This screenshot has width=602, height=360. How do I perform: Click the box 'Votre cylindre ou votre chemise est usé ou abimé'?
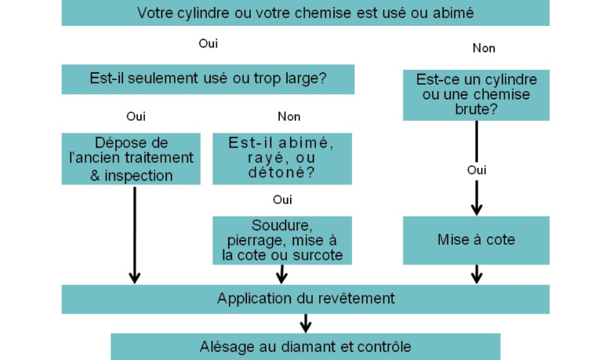(x=305, y=13)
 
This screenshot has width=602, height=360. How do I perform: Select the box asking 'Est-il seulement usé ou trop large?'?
(x=208, y=79)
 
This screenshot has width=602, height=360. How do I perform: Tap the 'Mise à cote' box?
(x=476, y=240)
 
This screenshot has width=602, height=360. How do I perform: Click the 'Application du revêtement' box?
(x=305, y=299)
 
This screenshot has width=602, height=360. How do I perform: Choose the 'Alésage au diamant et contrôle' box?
(x=305, y=347)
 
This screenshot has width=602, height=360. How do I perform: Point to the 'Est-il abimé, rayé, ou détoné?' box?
(x=282, y=158)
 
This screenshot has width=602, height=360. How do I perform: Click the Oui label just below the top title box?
(x=208, y=43)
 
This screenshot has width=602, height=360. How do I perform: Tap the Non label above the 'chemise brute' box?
(x=484, y=48)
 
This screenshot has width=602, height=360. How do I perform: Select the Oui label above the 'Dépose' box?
(x=136, y=116)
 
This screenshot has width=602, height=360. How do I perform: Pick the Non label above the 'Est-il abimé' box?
(x=289, y=116)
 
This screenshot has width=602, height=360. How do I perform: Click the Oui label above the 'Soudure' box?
(x=282, y=200)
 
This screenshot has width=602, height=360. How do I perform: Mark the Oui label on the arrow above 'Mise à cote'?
(x=477, y=170)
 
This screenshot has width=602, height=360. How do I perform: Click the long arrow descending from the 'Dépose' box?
(x=134, y=235)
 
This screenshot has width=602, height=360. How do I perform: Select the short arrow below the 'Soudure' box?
(x=282, y=275)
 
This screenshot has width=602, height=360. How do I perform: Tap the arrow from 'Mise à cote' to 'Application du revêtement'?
(x=477, y=275)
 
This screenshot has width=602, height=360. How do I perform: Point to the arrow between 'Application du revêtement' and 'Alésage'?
(x=305, y=323)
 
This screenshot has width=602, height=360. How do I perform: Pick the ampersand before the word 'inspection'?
(x=95, y=176)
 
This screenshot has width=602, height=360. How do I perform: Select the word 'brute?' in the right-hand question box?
(x=476, y=110)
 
